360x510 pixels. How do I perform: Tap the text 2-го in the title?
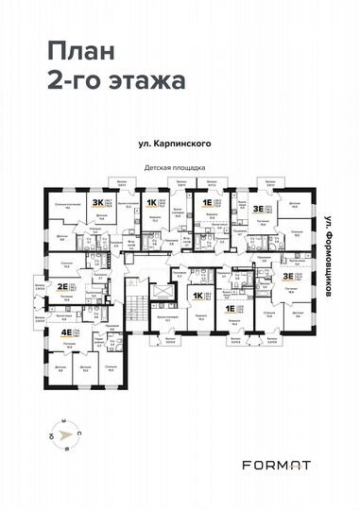tap(68, 80)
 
